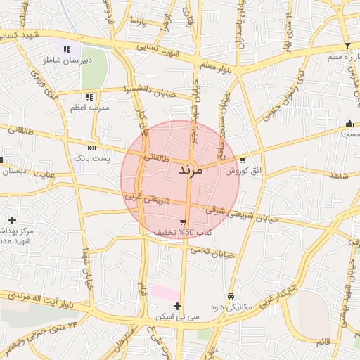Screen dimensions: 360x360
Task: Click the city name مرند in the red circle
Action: pyautogui.click(x=191, y=170)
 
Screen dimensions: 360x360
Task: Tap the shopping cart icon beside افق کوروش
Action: pyautogui.click(x=243, y=160)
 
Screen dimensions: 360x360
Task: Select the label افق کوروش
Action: pyautogui.click(x=243, y=171)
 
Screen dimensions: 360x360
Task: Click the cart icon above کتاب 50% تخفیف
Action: pyautogui.click(x=184, y=221)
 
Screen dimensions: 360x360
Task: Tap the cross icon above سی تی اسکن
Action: pyautogui.click(x=177, y=306)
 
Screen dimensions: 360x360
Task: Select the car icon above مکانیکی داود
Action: pyautogui.click(x=231, y=296)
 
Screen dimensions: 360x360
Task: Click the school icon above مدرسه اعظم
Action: pyautogui.click(x=89, y=97)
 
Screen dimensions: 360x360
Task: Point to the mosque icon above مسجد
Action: pyautogui.click(x=349, y=123)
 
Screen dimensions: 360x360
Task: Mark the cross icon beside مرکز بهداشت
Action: pyautogui.click(x=12, y=220)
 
